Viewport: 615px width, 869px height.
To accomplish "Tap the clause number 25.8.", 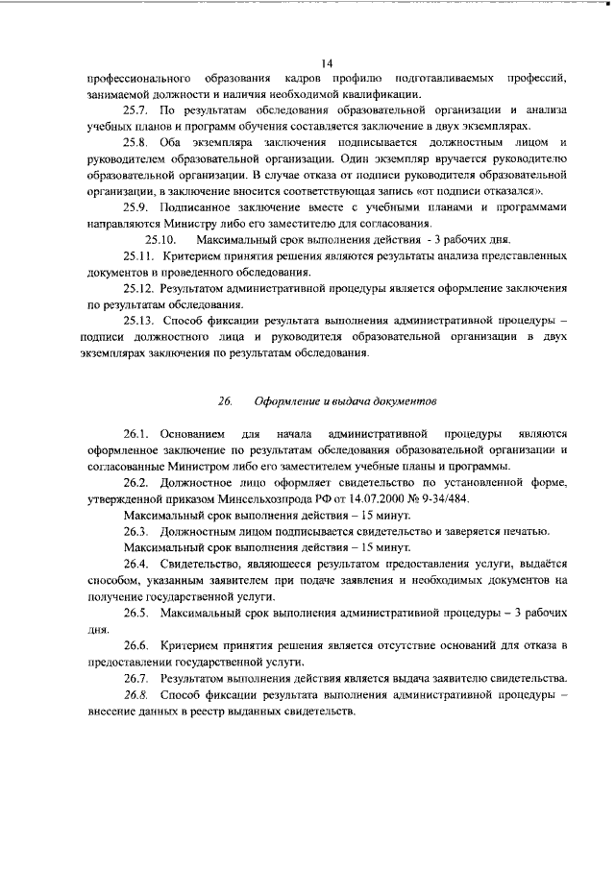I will pos(138,142).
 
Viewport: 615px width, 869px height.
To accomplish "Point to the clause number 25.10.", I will pos(160,238).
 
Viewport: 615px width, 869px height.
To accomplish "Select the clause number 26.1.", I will pos(138,434).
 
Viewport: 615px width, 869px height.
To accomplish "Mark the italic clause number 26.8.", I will pos(138,694).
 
